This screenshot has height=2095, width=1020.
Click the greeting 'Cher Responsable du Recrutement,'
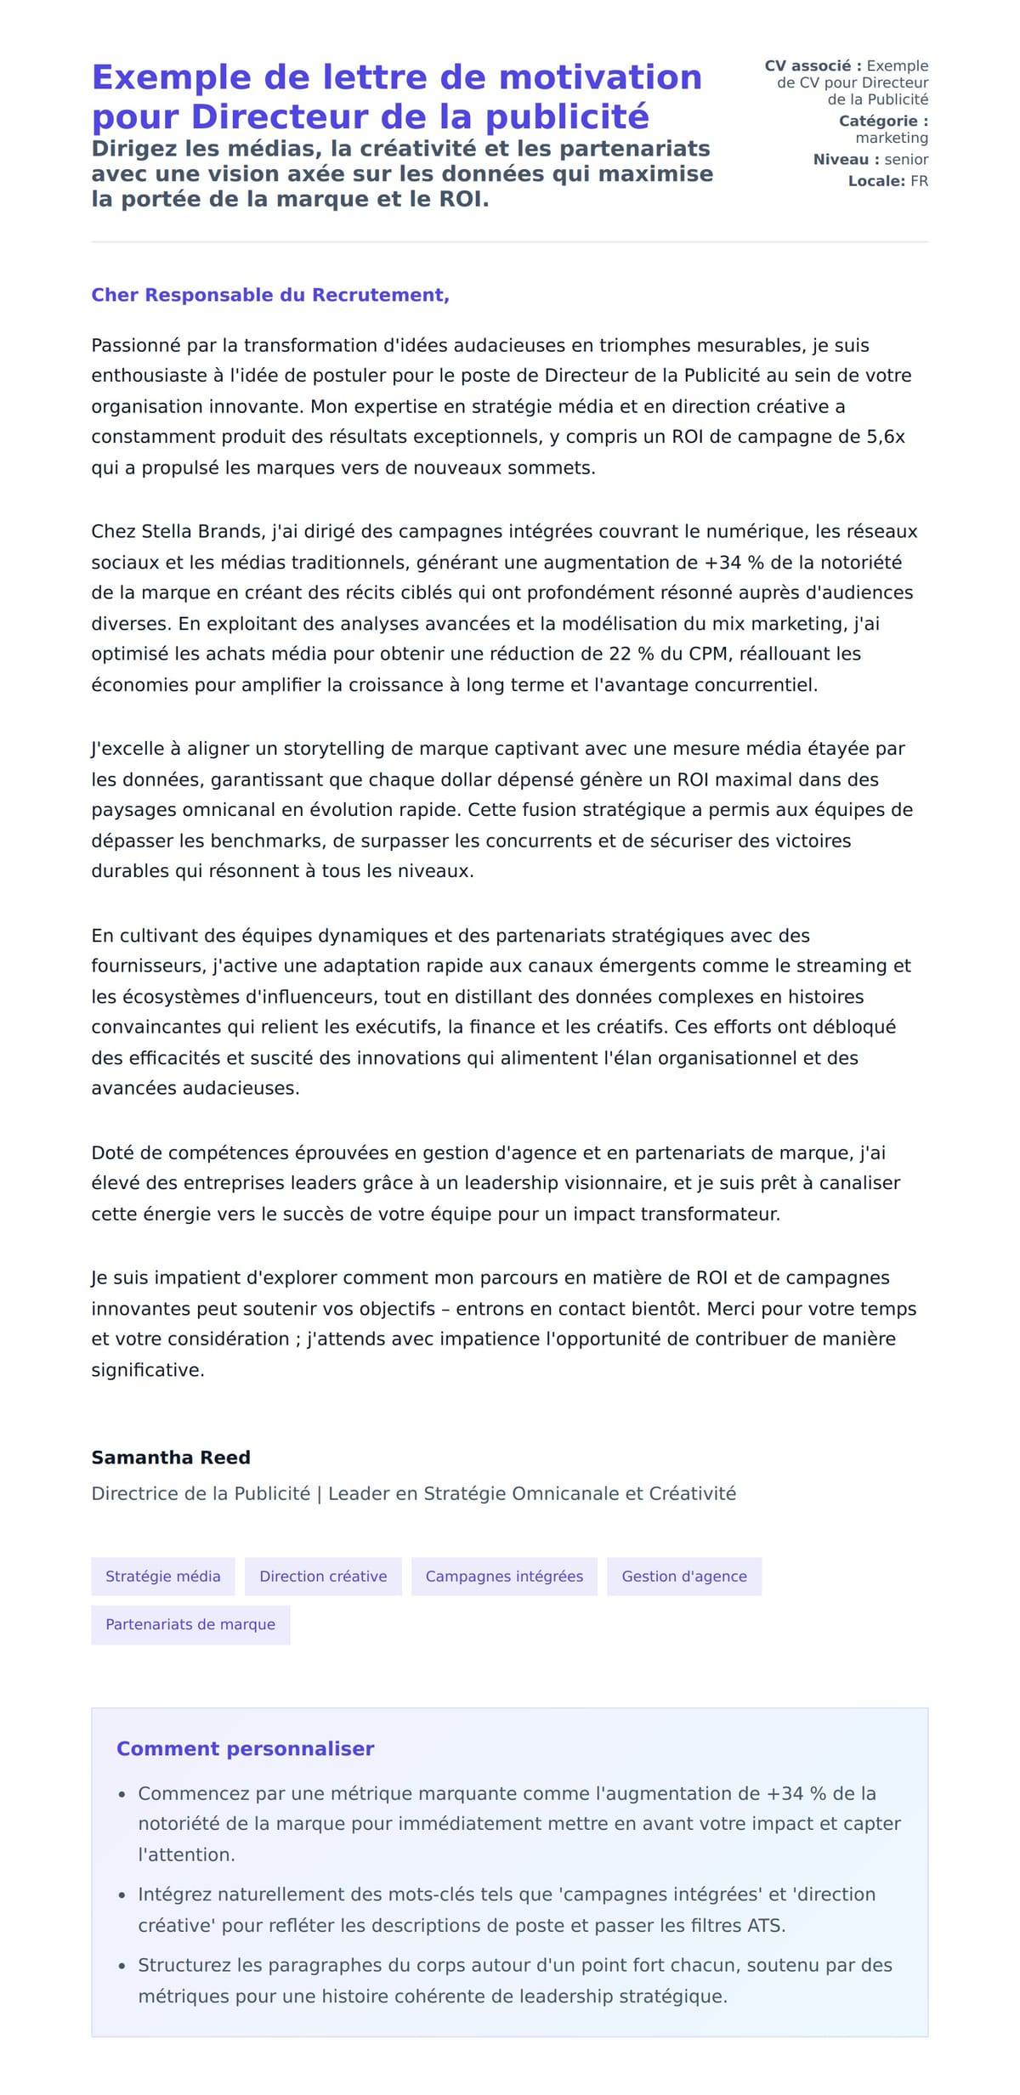[x=270, y=295]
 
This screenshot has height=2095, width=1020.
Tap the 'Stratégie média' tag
[x=162, y=1576]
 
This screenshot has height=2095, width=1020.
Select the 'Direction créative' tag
[x=323, y=1576]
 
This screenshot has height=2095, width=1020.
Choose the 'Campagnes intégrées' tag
[x=504, y=1576]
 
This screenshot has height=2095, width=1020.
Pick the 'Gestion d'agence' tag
[x=684, y=1576]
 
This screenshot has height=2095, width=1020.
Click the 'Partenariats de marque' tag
[x=190, y=1624]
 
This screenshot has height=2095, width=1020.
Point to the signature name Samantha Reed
[x=171, y=1457]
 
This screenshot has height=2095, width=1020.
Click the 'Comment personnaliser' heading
[x=245, y=1748]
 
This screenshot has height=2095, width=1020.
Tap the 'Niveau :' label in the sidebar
[x=846, y=159]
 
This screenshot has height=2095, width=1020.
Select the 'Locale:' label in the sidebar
[x=876, y=181]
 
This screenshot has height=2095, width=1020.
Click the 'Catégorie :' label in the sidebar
[x=883, y=121]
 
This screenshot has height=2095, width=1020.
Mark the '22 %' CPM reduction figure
[x=632, y=654]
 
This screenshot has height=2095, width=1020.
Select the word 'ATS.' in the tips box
[x=766, y=1925]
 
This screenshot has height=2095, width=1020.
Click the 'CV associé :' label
[x=813, y=65]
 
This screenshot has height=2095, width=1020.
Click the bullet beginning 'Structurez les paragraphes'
[x=514, y=1980]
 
